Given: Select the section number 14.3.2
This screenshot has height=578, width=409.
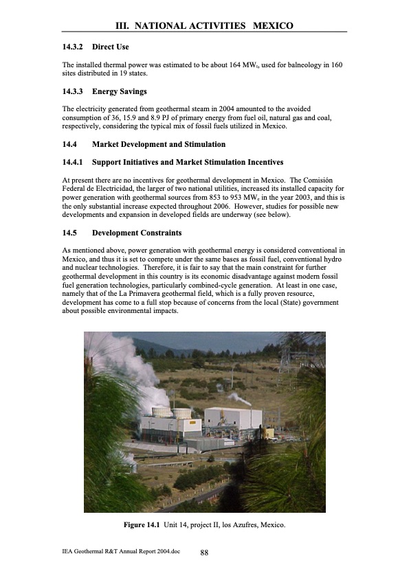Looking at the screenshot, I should click(x=72, y=47).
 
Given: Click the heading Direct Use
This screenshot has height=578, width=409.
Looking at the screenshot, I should click(x=110, y=47).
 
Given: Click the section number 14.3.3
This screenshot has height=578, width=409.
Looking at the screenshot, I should click(x=72, y=91).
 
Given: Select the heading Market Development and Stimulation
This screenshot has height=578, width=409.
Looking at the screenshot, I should click(x=158, y=145).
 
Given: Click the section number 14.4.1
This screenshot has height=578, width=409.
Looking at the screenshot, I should click(x=72, y=162).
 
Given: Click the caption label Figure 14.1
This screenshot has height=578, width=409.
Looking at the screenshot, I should click(x=143, y=526).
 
